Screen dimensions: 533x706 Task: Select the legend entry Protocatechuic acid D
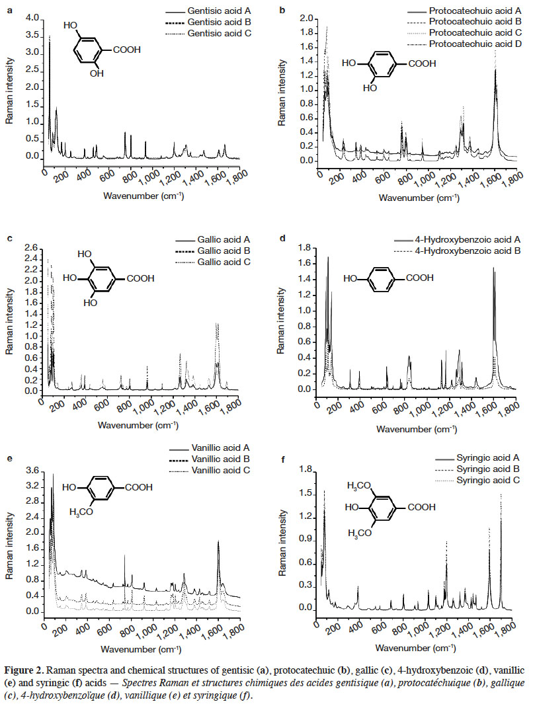pyautogui.click(x=464, y=44)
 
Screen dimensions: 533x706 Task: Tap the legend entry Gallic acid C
pyautogui.click(x=212, y=262)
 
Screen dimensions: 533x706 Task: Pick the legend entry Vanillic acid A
pyautogui.click(x=209, y=448)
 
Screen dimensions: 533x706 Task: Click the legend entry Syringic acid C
pyautogui.click(x=477, y=481)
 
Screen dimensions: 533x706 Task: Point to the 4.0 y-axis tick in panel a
pyautogui.click(x=33, y=18)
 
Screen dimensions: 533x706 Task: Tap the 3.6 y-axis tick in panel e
pyautogui.click(x=33, y=471)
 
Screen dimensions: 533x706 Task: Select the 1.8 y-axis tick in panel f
pyautogui.click(x=306, y=470)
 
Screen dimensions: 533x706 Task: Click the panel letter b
pyautogui.click(x=282, y=10)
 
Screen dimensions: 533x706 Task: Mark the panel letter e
pyautogui.click(x=10, y=458)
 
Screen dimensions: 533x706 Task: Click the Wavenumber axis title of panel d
pyautogui.click(x=417, y=429)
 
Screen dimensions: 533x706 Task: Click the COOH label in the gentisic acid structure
pyautogui.click(x=126, y=50)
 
